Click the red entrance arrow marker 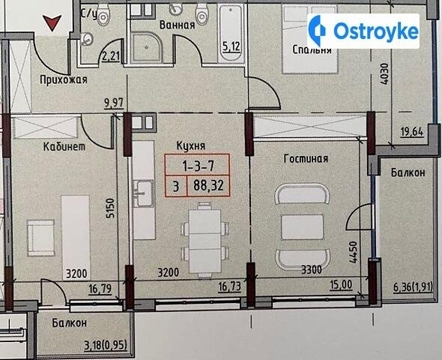(52, 22)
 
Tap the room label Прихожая (64, 79)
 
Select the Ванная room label (177, 25)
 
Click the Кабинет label (64, 146)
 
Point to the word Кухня (191, 145)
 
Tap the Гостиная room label (306, 158)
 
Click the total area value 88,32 (208, 186)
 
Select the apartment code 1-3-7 (199, 166)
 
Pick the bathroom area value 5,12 (231, 46)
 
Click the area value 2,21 (111, 57)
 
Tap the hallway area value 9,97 (114, 103)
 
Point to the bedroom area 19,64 (412, 132)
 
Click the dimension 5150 (110, 208)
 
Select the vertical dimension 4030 (384, 74)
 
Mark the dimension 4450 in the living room (353, 252)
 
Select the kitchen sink (144, 193)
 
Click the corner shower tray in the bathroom (148, 48)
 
